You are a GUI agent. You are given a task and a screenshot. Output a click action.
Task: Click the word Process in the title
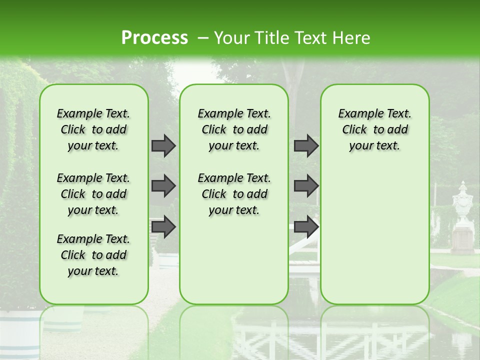[x=154, y=38]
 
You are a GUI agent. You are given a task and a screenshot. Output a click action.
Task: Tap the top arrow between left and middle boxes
[x=163, y=145]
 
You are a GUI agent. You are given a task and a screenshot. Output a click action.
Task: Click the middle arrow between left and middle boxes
[x=163, y=186]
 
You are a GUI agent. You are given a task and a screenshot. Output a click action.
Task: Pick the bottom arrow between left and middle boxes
[x=163, y=226]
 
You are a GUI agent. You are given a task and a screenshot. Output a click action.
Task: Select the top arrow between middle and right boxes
[x=306, y=145]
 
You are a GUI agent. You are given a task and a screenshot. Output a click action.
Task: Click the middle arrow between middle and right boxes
[x=306, y=186]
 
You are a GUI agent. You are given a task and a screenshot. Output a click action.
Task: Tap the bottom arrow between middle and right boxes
[x=306, y=226]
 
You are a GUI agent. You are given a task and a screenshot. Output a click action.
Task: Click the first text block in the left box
[x=93, y=129]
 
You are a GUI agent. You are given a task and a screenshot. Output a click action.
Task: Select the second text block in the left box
[x=93, y=194]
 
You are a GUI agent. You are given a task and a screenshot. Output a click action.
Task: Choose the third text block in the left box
[x=93, y=255]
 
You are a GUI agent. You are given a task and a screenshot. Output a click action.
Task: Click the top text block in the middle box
[x=234, y=129]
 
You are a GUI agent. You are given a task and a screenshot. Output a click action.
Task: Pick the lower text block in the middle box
[x=234, y=194]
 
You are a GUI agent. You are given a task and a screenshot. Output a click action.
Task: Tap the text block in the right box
[x=374, y=129]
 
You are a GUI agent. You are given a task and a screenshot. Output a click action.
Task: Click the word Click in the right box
[x=354, y=130]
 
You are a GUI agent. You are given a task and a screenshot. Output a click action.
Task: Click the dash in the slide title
[x=203, y=38]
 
